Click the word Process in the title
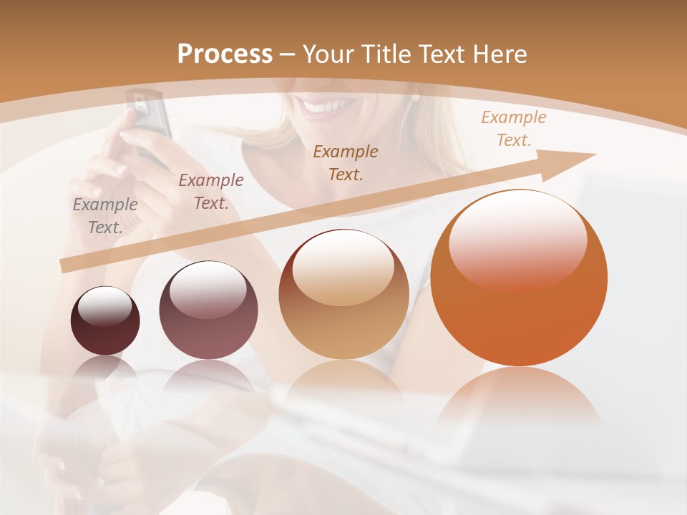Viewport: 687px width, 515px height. point(225,54)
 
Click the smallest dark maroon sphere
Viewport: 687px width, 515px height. point(105,321)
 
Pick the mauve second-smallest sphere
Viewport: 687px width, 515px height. point(208,310)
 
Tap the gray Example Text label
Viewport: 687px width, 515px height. point(105,216)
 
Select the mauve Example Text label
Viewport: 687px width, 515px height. point(210,192)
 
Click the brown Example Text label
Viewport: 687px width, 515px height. point(346,162)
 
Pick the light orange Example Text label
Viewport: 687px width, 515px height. point(513,129)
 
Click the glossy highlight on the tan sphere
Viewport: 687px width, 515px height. point(343,268)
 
